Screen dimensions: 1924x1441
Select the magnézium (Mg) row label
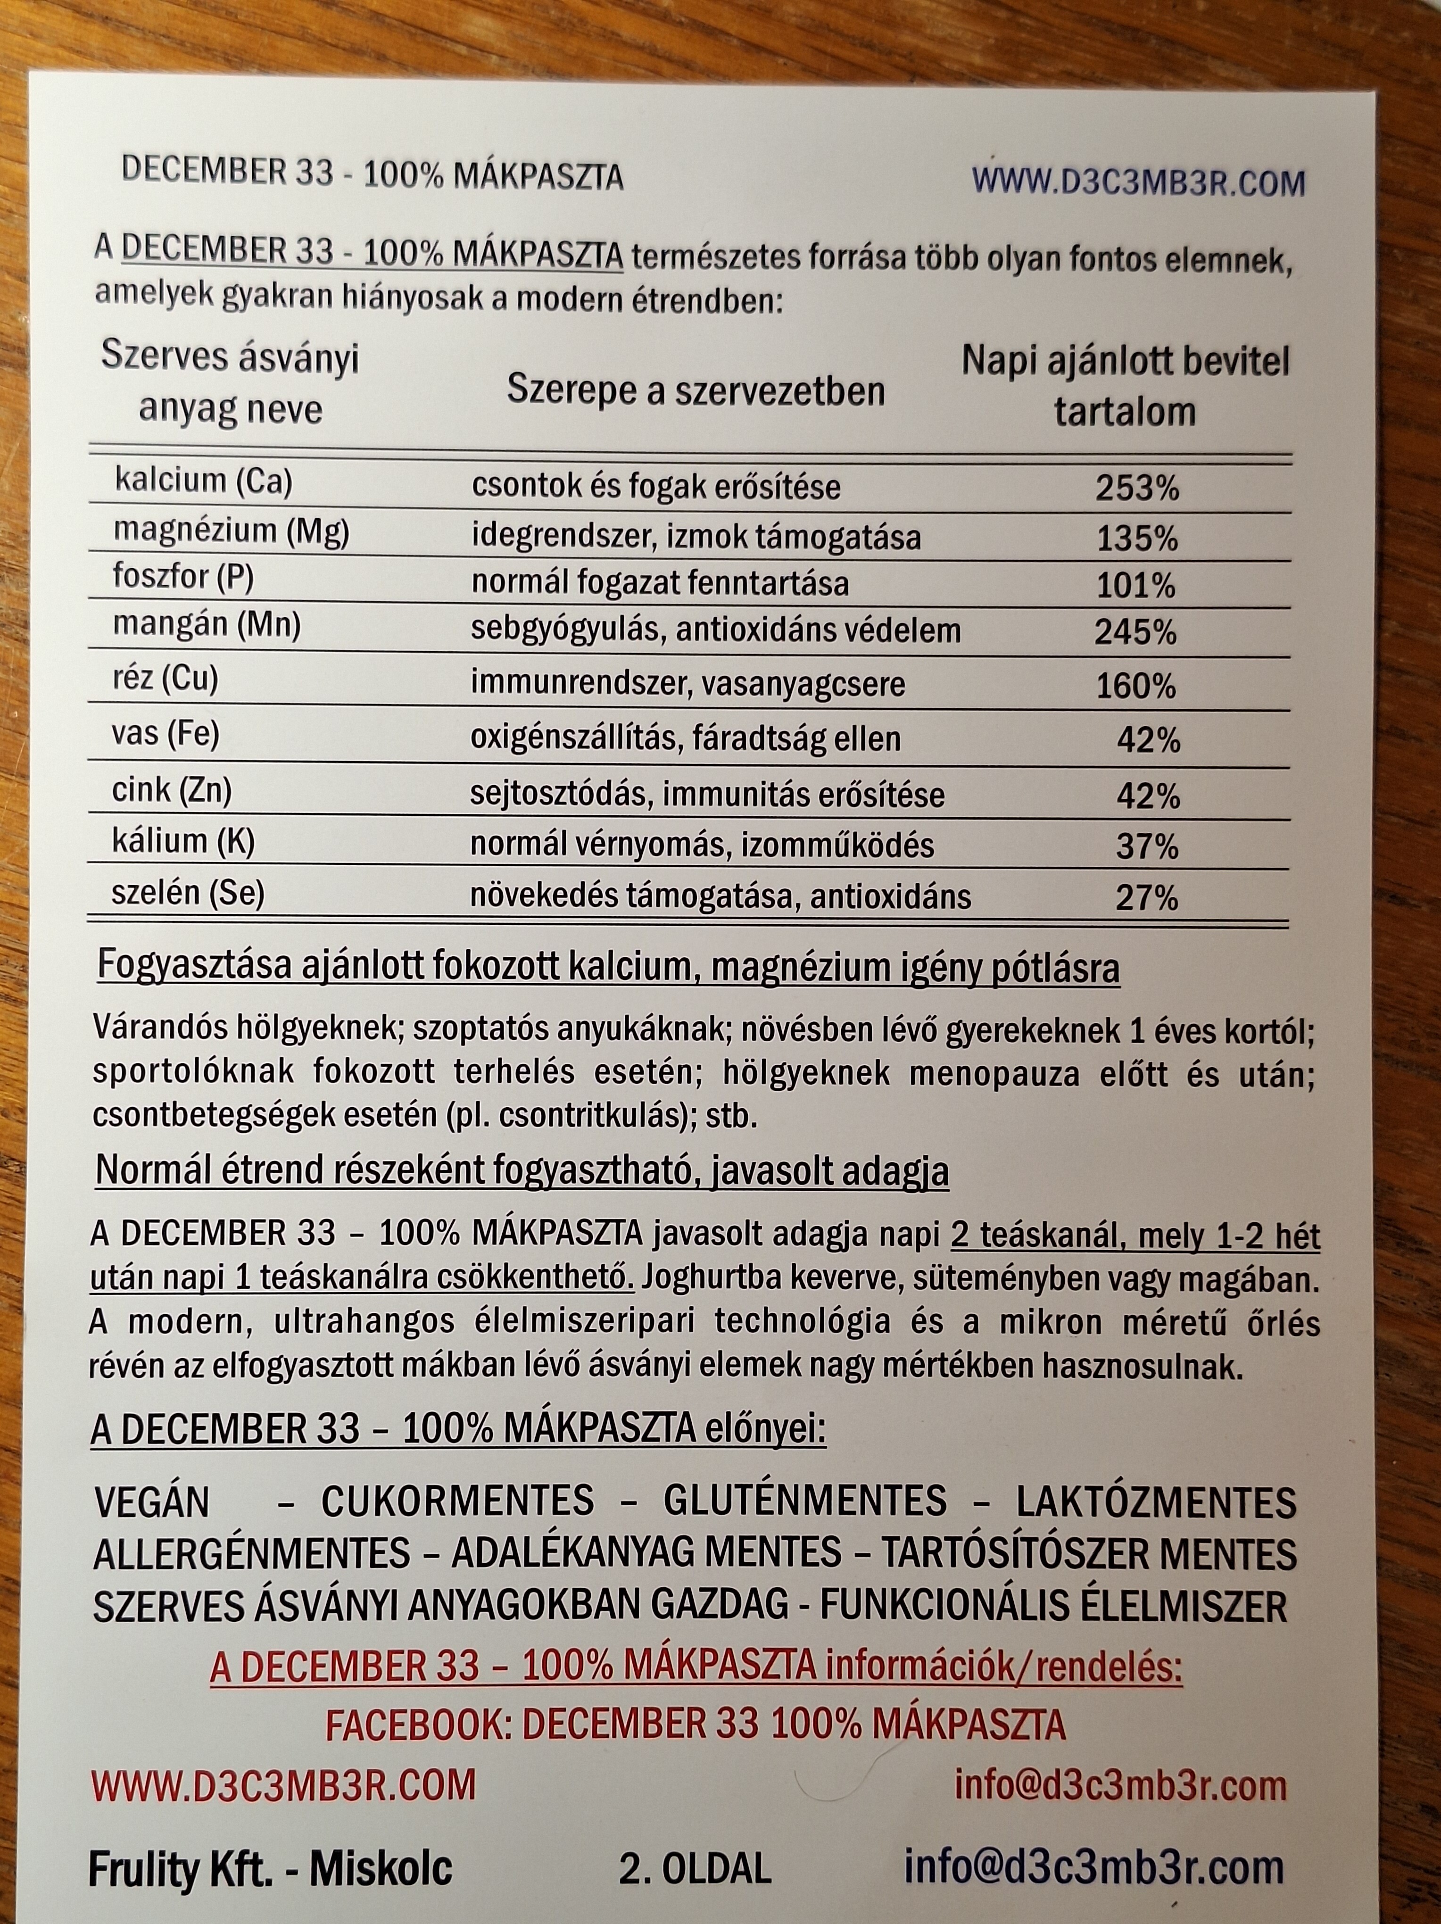tap(231, 531)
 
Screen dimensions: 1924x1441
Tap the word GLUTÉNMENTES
tap(804, 1501)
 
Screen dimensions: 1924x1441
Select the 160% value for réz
tap(1135, 687)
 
